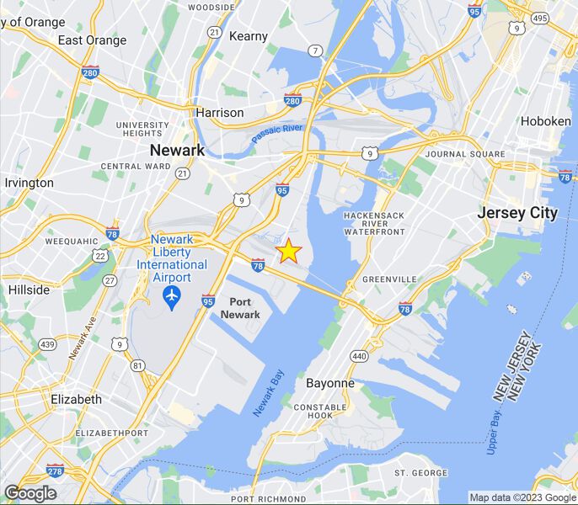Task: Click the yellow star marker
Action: coord(288,251)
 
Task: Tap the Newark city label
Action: coord(177,150)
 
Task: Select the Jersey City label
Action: coord(517,213)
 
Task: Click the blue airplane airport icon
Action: coord(172,296)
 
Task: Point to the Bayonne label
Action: coord(329,383)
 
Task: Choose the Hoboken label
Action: coord(545,121)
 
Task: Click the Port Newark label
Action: coord(240,308)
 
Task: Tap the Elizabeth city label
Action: coord(77,399)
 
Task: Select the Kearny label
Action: coord(249,36)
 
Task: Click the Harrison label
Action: coord(220,113)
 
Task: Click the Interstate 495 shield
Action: coord(540,18)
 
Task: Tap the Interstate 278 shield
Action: coord(55,470)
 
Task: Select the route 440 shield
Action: coord(359,356)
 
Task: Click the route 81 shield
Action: coord(137,364)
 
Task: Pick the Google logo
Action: coord(29,493)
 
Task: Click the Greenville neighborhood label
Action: coord(389,279)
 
